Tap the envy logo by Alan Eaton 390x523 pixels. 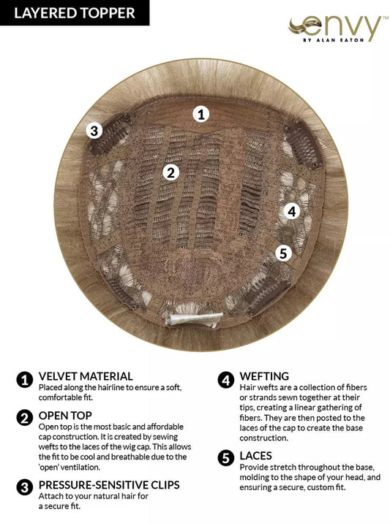coord(336,29)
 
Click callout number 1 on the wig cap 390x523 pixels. coord(201,114)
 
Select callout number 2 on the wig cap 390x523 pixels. coord(170,172)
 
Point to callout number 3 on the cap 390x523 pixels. coord(93,131)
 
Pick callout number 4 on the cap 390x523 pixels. coord(291,212)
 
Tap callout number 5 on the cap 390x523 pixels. coord(283,253)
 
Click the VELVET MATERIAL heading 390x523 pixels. coord(86,376)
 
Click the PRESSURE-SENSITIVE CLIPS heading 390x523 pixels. coord(108,484)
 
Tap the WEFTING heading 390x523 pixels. coord(263,376)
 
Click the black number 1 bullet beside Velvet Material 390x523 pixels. coord(25,379)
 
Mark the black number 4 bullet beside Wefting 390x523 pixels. coord(225,379)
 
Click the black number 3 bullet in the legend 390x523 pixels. coord(25,486)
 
